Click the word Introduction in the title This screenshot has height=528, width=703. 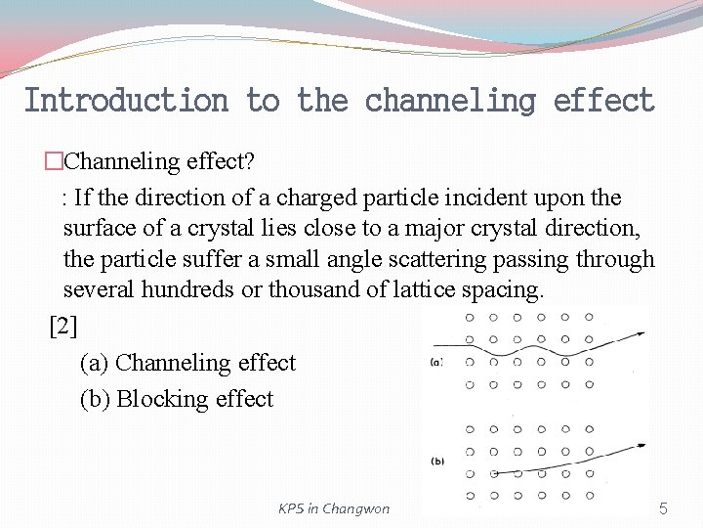click(125, 101)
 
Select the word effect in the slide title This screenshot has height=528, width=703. click(603, 101)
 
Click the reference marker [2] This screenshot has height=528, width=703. click(63, 327)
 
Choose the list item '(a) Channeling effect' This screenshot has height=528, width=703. click(187, 363)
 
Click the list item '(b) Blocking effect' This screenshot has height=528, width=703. click(177, 399)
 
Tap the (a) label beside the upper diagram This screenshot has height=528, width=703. click(437, 363)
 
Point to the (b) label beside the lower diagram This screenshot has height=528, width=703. click(437, 461)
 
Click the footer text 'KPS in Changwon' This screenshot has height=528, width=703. click(334, 508)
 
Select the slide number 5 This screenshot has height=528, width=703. click(663, 508)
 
